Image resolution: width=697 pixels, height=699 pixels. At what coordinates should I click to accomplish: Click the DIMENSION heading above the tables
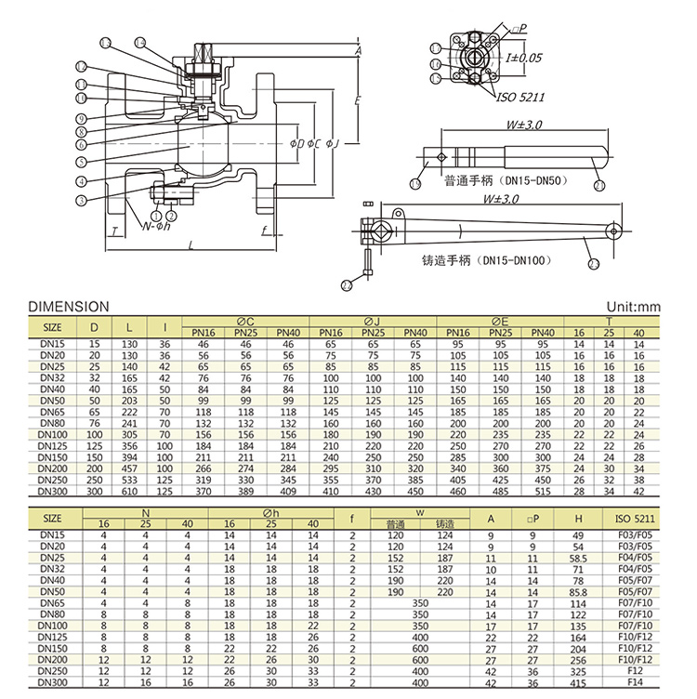click(69, 307)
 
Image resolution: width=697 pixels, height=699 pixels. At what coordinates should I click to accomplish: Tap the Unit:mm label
click(633, 307)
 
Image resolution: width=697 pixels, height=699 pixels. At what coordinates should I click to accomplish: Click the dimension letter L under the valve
click(191, 245)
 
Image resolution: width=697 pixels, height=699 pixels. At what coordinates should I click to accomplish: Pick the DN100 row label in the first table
click(53, 433)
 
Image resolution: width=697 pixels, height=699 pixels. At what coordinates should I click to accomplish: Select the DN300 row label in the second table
click(53, 683)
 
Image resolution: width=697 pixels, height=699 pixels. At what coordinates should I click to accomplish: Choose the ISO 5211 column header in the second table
click(636, 518)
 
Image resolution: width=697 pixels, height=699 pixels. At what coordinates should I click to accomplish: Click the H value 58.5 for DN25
click(578, 558)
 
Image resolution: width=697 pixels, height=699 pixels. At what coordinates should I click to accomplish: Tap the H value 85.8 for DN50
click(578, 592)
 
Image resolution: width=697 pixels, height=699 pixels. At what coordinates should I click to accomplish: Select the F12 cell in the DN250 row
click(636, 671)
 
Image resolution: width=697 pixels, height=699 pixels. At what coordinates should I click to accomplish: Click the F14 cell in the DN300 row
click(636, 683)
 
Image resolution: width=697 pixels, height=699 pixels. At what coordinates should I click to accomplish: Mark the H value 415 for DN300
click(578, 683)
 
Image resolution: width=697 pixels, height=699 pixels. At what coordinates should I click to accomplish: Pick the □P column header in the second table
click(533, 518)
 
